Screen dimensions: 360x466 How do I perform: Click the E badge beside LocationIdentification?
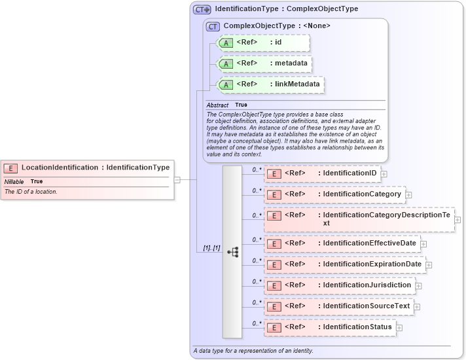coord(11,168)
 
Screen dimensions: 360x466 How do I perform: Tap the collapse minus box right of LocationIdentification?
coord(177,179)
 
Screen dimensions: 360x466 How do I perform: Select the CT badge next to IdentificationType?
coord(202,10)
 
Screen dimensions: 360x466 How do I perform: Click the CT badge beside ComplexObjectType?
coord(213,26)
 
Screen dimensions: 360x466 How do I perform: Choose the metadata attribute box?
coord(264,63)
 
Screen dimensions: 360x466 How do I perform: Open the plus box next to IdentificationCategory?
coord(408,194)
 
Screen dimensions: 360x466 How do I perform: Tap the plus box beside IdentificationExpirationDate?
coord(429,264)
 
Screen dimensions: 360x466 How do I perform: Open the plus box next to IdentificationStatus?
coord(399,327)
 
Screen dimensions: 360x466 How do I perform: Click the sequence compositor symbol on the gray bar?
coord(232,251)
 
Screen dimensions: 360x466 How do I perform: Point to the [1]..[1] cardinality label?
coord(211,249)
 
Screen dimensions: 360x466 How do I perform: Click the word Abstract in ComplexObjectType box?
coord(217,105)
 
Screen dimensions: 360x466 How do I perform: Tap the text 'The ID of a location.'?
coord(31,192)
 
